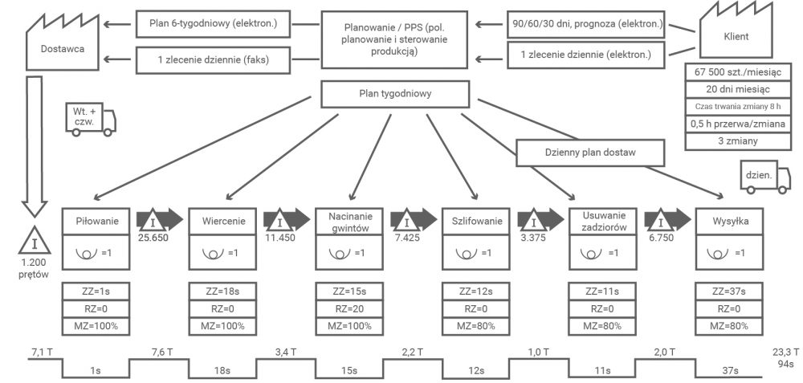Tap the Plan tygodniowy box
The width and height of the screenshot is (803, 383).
(395, 94)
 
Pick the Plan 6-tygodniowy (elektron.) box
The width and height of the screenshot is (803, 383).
(214, 23)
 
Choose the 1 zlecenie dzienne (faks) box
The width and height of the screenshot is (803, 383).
(214, 59)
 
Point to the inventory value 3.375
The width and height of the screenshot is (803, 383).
(534, 238)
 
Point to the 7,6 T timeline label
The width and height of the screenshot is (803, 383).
(164, 352)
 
